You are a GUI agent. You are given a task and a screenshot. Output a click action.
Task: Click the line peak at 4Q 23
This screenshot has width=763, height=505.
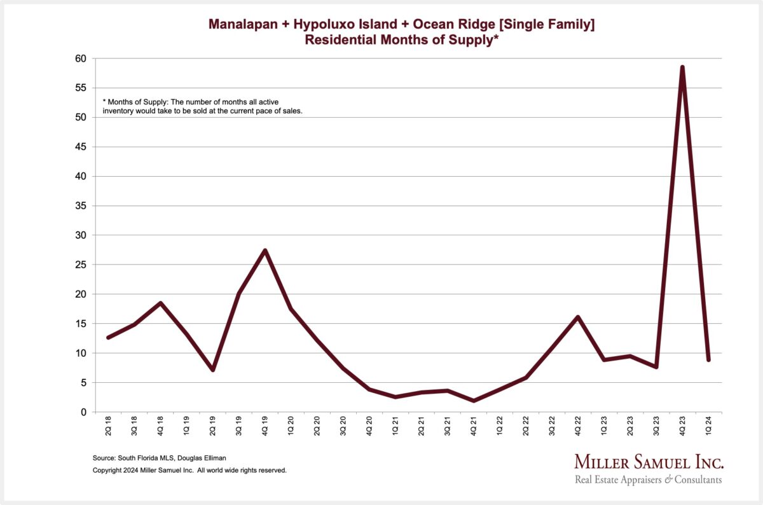click(682, 67)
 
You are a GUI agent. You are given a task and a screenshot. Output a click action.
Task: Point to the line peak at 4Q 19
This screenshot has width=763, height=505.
click(265, 250)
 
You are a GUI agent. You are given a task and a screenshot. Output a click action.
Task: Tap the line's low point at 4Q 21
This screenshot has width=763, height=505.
click(474, 401)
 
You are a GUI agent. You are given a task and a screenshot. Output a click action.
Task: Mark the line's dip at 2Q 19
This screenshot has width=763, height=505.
click(213, 370)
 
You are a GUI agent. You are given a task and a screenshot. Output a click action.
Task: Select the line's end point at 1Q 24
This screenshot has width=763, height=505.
click(708, 360)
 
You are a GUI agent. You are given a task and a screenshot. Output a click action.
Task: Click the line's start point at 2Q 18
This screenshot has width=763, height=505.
click(109, 337)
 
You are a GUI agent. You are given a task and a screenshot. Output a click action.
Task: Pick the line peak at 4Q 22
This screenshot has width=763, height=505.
click(578, 317)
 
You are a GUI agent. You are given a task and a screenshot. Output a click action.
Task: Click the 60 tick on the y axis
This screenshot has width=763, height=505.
click(83, 59)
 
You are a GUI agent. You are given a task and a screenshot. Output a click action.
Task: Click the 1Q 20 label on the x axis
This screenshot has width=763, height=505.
click(291, 425)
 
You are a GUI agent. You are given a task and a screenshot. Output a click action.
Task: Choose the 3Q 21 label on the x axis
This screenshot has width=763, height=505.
click(448, 425)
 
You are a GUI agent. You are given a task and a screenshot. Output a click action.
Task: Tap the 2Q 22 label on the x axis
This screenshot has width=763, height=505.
click(526, 425)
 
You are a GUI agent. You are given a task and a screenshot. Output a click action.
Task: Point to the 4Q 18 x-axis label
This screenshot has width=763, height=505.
click(161, 425)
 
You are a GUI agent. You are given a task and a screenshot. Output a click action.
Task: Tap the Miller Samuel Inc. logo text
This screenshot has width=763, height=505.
click(649, 461)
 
